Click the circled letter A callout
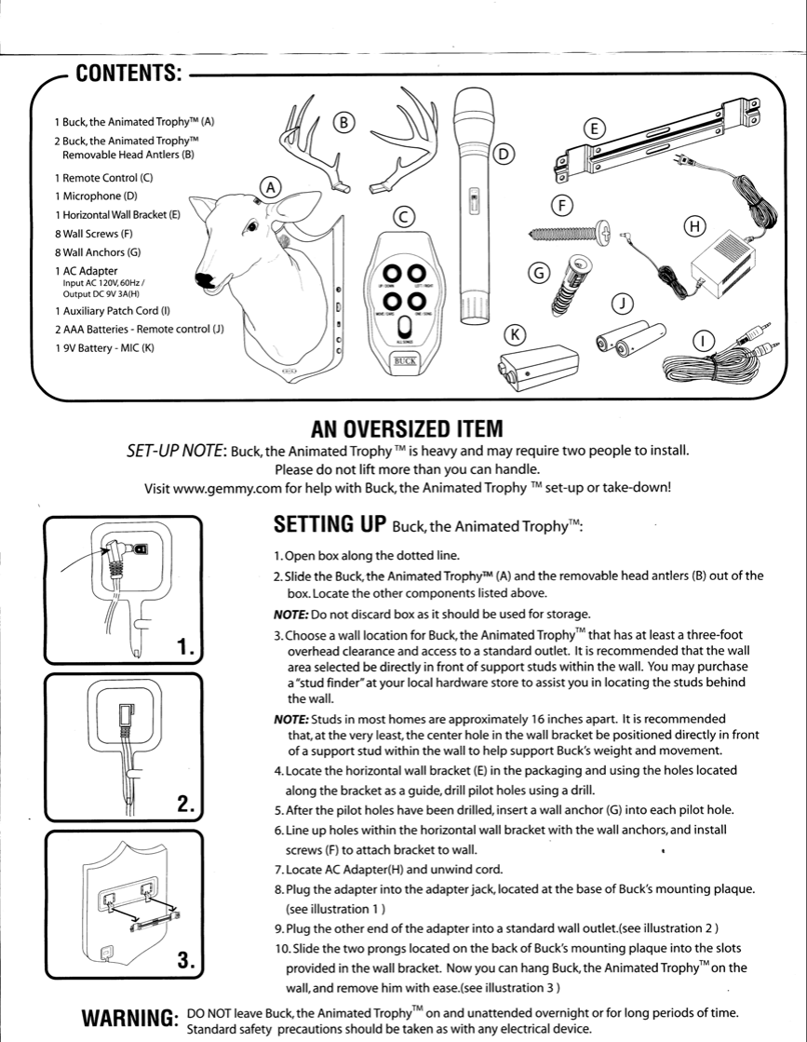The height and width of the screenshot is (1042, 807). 270,187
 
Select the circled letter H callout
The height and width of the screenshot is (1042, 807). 693,226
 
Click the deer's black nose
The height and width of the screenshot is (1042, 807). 203,277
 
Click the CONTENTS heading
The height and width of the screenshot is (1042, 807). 127,74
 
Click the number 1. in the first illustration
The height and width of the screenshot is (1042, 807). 185,647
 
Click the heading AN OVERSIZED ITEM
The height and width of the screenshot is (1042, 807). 407,429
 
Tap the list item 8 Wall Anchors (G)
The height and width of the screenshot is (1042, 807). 97,252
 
